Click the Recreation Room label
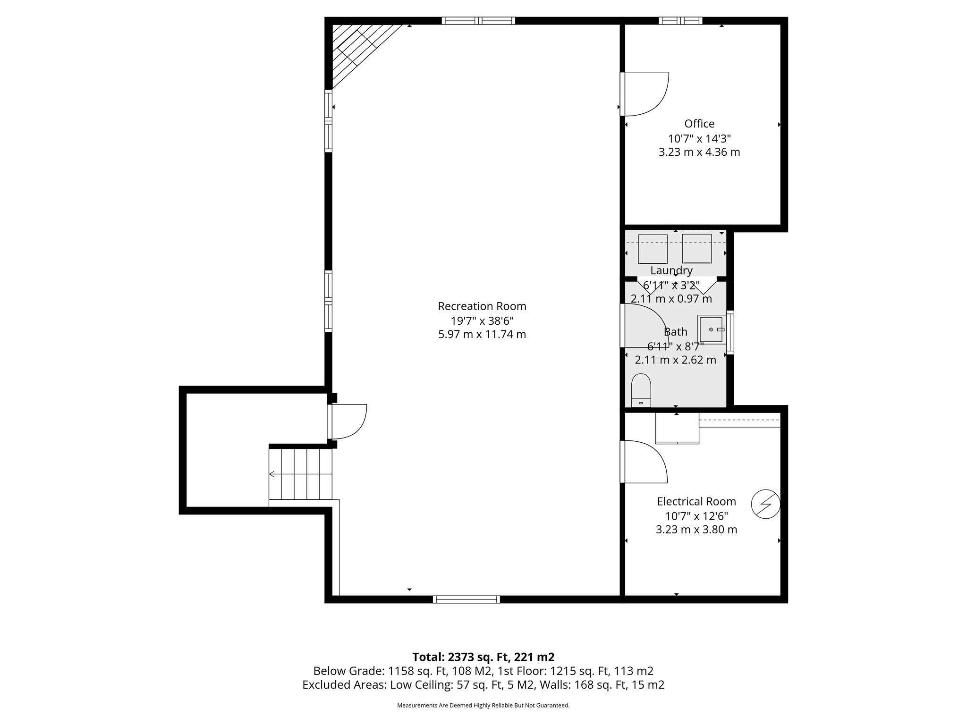click(x=482, y=306)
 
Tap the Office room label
click(x=699, y=124)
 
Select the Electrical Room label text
click(x=696, y=501)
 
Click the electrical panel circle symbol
click(x=765, y=504)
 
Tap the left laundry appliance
click(x=653, y=249)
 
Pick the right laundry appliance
click(x=697, y=249)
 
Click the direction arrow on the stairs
click(x=272, y=474)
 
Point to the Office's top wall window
click(x=680, y=21)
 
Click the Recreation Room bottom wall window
click(x=467, y=599)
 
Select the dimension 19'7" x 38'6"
click(x=482, y=321)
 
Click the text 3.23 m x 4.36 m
click(x=699, y=152)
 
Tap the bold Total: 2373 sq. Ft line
click(x=483, y=657)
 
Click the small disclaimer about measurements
click(x=483, y=705)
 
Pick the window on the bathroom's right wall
click(x=730, y=332)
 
